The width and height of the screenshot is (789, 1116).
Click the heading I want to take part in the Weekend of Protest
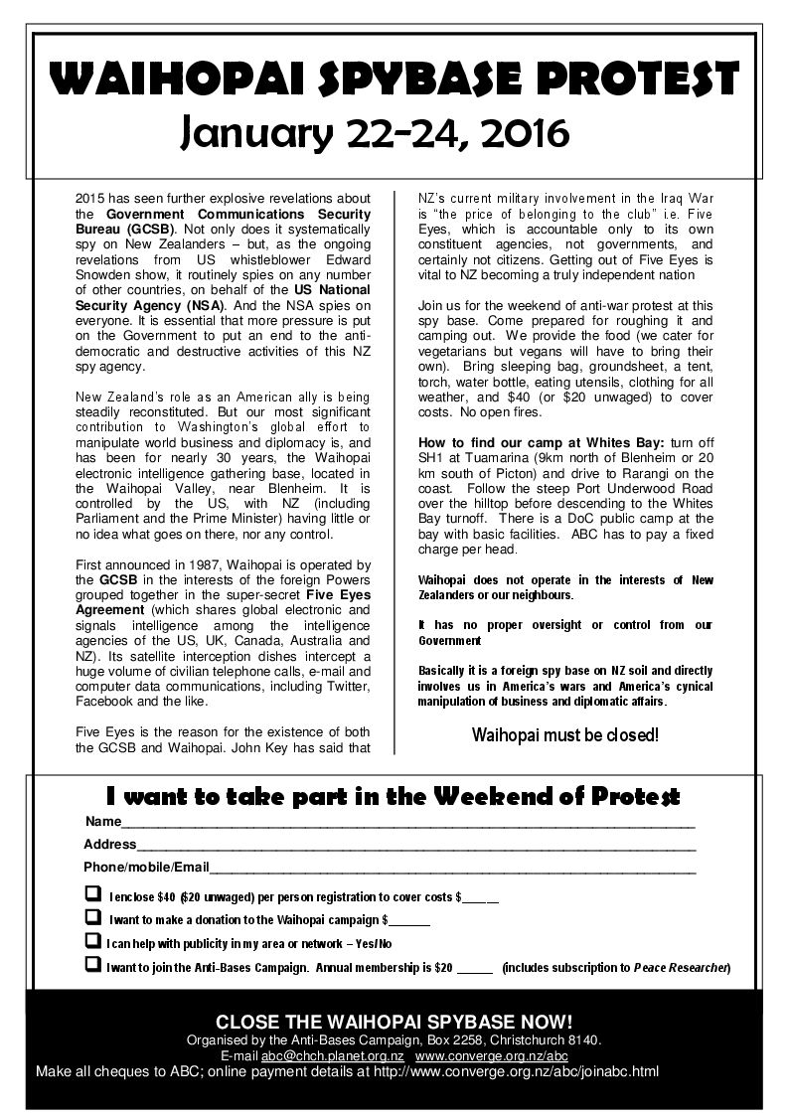(394, 796)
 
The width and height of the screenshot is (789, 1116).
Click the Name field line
(407, 825)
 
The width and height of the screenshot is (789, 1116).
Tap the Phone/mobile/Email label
(146, 867)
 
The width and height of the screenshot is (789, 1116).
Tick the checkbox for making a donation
(92, 917)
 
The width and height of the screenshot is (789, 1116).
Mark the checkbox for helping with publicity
(92, 941)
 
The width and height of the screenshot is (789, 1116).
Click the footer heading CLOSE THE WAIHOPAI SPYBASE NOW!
(394, 1023)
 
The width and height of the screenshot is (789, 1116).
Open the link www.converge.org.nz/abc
(491, 1055)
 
